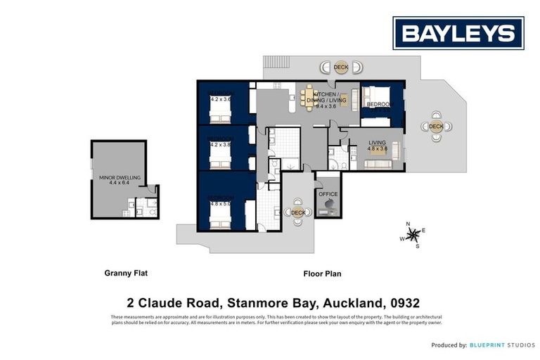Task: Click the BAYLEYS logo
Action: tap(458, 33)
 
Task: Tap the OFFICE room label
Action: tap(328, 194)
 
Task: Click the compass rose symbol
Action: tap(414, 234)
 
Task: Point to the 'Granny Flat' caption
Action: tap(126, 274)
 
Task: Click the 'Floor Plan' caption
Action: tap(322, 274)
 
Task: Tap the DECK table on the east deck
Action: tap(436, 127)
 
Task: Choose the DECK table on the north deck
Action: tap(341, 67)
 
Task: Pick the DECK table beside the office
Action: tap(297, 212)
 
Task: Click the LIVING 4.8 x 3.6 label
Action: tap(378, 145)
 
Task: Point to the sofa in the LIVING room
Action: tap(380, 164)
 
